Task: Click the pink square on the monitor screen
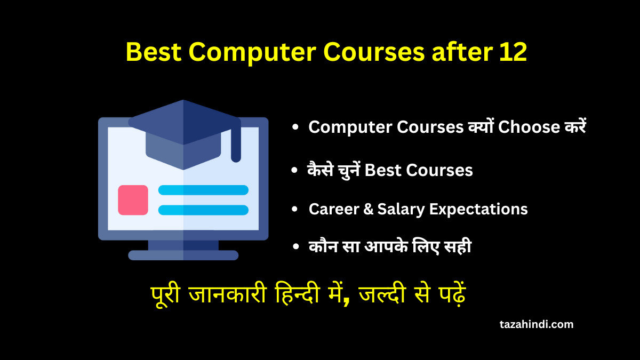pyautogui.click(x=133, y=200)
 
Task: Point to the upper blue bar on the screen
pyautogui.click(x=203, y=190)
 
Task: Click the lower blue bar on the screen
pyautogui.click(x=203, y=210)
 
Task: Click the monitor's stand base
pyautogui.click(x=183, y=255)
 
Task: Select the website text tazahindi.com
pyautogui.click(x=537, y=324)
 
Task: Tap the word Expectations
pyautogui.click(x=478, y=209)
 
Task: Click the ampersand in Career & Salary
pyautogui.click(x=365, y=209)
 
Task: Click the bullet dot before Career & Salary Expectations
pyautogui.click(x=294, y=210)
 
